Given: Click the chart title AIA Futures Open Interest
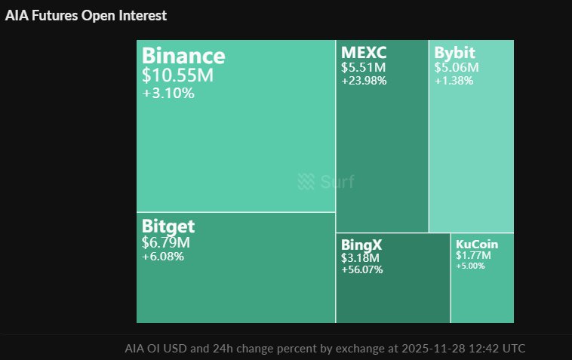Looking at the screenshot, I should coord(87,15).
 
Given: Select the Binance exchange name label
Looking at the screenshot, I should coord(183,56).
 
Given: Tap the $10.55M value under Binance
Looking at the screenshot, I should coord(177,75).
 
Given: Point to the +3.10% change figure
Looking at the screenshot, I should coord(168,94).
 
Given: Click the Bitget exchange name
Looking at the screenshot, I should coord(168,226).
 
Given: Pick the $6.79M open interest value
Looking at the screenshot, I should coord(165,242).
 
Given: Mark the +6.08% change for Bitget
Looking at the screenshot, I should coord(163,257).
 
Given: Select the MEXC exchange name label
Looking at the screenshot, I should coord(364,53).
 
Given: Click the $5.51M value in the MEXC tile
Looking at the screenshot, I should coord(363,67).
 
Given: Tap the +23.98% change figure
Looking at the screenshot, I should coord(364,81).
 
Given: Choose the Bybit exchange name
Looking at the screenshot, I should coord(455,53).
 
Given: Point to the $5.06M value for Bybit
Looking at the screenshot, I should coord(457,67).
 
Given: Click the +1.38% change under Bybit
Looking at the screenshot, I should coord(454,80).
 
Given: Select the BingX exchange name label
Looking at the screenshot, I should coord(361,245).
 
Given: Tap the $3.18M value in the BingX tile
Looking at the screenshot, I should coord(358,257).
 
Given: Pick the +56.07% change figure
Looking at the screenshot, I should coord(362,269).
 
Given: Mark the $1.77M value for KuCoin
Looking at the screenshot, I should coord(473,255).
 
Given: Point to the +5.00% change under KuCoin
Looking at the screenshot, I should coord(471,265).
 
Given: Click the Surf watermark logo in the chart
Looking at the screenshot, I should coord(325,182).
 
